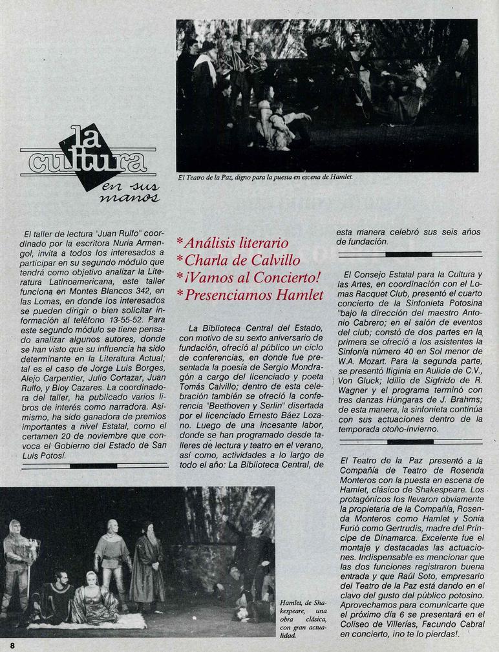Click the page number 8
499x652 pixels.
coord(12,645)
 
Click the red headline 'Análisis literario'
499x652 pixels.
coord(236,244)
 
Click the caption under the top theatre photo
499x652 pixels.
coord(265,177)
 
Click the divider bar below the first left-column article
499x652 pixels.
coord(94,465)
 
